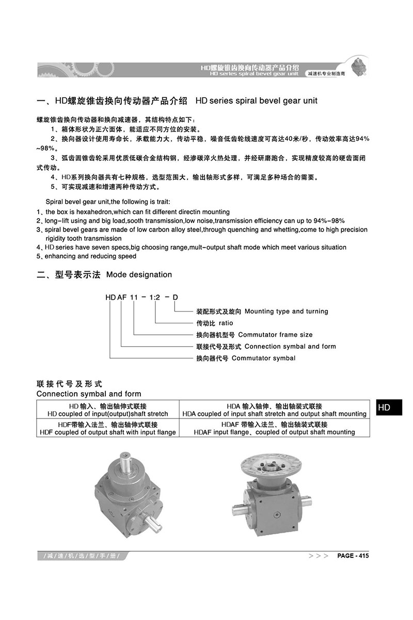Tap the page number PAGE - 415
point(353,556)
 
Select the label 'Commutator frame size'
point(275,335)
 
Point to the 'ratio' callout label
point(226,323)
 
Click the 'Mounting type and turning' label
point(286,312)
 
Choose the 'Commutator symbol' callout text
point(264,358)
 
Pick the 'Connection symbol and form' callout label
point(290,347)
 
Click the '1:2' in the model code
point(155,297)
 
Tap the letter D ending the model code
point(175,297)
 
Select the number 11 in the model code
point(135,297)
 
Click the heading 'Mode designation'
point(139,274)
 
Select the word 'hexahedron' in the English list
point(90,212)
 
